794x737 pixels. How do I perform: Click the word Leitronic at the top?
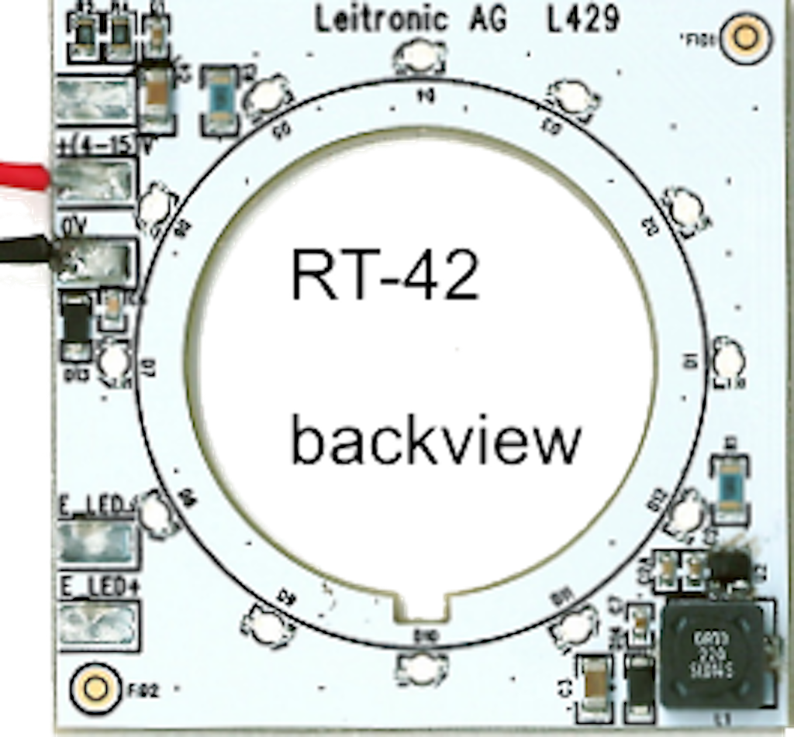381,19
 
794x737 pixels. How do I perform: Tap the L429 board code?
583,19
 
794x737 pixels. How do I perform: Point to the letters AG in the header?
487,19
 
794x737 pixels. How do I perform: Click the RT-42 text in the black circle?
385,275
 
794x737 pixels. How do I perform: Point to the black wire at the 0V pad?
27,251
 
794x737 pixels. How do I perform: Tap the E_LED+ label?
98,586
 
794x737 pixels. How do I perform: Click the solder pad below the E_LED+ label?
98,623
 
